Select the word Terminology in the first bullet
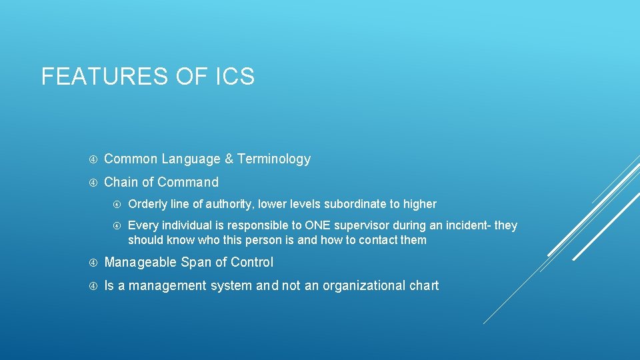click(274, 159)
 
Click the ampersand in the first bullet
click(229, 159)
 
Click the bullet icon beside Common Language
click(93, 159)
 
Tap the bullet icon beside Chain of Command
click(93, 182)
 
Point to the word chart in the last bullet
click(425, 286)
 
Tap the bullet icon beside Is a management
click(93, 286)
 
